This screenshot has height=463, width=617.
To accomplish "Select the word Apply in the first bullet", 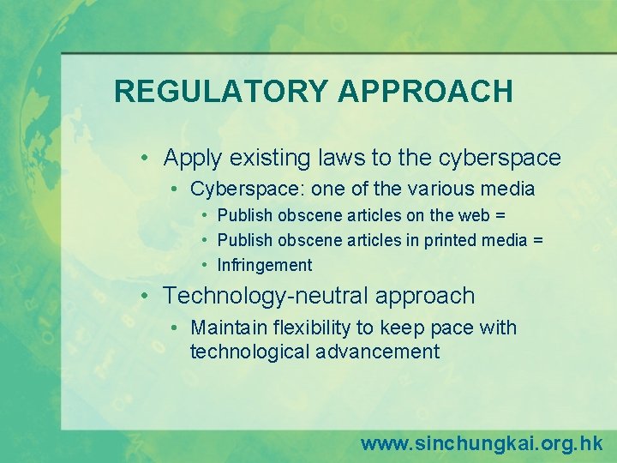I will tap(190, 158).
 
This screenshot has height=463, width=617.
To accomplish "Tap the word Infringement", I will tap(265, 265).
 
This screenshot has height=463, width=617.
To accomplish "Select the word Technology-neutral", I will tap(262, 296).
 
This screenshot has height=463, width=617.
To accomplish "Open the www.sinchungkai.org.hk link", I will tap(482, 443).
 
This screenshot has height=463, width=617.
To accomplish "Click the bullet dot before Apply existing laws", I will tap(147, 159).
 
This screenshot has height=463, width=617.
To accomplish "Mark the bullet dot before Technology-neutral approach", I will tap(147, 297).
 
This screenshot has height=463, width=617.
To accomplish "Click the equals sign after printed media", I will tap(537, 240).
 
